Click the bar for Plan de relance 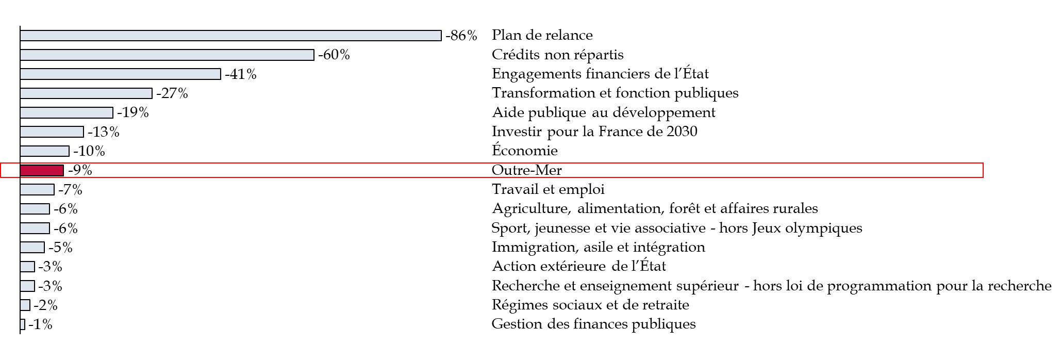pyautogui.click(x=231, y=36)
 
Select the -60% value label pyautogui.click(x=334, y=55)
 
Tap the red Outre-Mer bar pyautogui.click(x=42, y=170)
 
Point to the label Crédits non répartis pyautogui.click(x=557, y=55)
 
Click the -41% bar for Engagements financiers pyautogui.click(x=121, y=74)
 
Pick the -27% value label pyautogui.click(x=172, y=93)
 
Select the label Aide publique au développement pyautogui.click(x=604, y=112)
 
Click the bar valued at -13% pyautogui.click(x=52, y=132)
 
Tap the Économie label pyautogui.click(x=525, y=150)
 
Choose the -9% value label pyautogui.click(x=80, y=170)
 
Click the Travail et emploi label pyautogui.click(x=548, y=189)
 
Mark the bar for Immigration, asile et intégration pyautogui.click(x=32, y=248)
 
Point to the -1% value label pyautogui.click(x=40, y=324)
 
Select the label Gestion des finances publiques pyautogui.click(x=594, y=324)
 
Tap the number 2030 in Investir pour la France pyautogui.click(x=682, y=132)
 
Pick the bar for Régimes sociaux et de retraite pyautogui.click(x=25, y=305)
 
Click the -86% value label pyautogui.click(x=461, y=36)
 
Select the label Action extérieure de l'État pyautogui.click(x=579, y=266)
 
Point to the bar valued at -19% pyautogui.click(x=67, y=112)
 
